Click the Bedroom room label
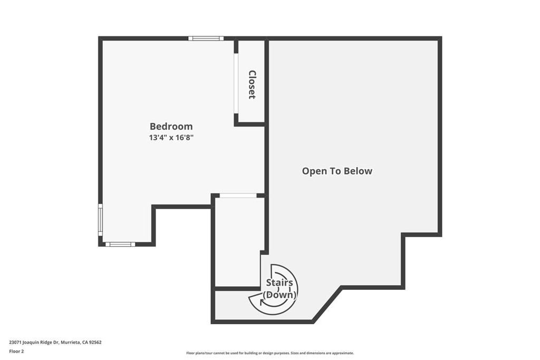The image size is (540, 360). (171, 127)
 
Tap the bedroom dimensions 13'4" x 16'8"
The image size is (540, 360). (171, 138)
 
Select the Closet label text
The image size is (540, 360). (252, 85)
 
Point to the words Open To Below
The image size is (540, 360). (337, 171)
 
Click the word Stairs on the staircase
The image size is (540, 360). (279, 283)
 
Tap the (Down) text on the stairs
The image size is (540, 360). (279, 295)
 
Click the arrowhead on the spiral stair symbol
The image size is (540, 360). (263, 302)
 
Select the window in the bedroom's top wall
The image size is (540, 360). (206, 38)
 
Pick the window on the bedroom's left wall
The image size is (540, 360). (100, 220)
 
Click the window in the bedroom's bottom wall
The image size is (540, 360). (120, 245)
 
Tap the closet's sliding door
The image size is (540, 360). (236, 83)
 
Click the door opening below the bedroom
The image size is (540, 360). (238, 196)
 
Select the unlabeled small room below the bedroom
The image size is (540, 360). (238, 241)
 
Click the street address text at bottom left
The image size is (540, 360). (55, 343)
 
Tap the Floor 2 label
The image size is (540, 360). (16, 352)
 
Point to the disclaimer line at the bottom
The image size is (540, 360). (270, 353)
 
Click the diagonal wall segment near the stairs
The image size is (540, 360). (327, 304)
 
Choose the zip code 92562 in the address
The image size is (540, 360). (95, 343)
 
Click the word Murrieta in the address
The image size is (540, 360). (71, 343)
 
